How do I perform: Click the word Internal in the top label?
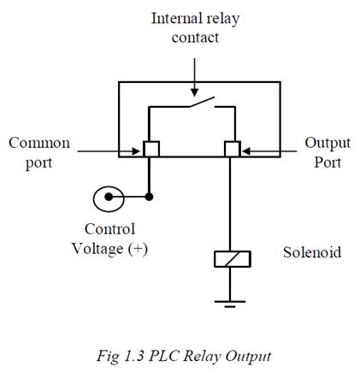point(177,19)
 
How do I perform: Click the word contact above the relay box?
point(195,38)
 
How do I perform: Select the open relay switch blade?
point(202,102)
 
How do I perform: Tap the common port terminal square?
point(151,149)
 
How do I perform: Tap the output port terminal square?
point(233,149)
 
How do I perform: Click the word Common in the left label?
point(39,143)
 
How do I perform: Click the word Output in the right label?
point(328,144)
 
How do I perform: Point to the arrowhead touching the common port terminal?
point(136,151)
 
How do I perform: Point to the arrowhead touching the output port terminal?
point(246,151)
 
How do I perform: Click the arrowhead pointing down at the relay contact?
point(194,92)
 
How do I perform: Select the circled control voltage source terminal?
point(109,199)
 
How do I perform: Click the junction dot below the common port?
point(149,197)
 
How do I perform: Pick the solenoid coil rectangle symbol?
point(233,259)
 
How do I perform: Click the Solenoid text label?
point(312,252)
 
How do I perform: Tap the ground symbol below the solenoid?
point(230,304)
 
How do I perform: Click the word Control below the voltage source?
point(110,229)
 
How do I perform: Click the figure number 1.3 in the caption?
point(134,357)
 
